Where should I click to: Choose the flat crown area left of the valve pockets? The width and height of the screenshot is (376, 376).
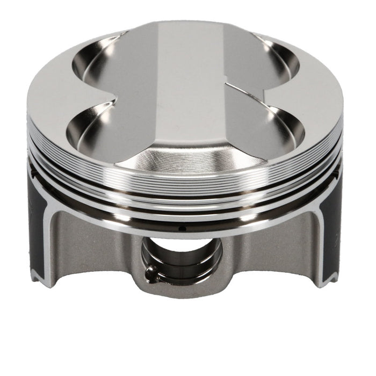pos(54,102)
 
